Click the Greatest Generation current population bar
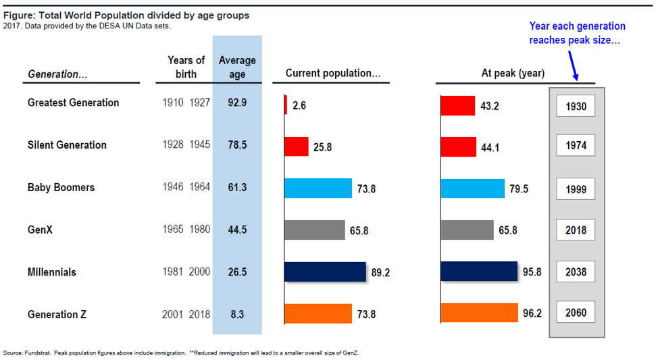286,105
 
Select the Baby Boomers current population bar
318,188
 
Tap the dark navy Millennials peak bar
479,271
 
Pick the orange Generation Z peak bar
480,313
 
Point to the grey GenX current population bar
315,230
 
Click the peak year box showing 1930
576,106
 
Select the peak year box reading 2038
576,272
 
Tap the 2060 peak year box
576,312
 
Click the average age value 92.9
237,103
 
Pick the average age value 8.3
237,314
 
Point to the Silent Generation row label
67,145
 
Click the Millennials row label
52,272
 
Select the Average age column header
237,67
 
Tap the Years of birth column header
186,67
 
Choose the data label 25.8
323,147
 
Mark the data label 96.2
532,313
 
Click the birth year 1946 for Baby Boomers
173,187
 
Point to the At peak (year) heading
513,74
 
